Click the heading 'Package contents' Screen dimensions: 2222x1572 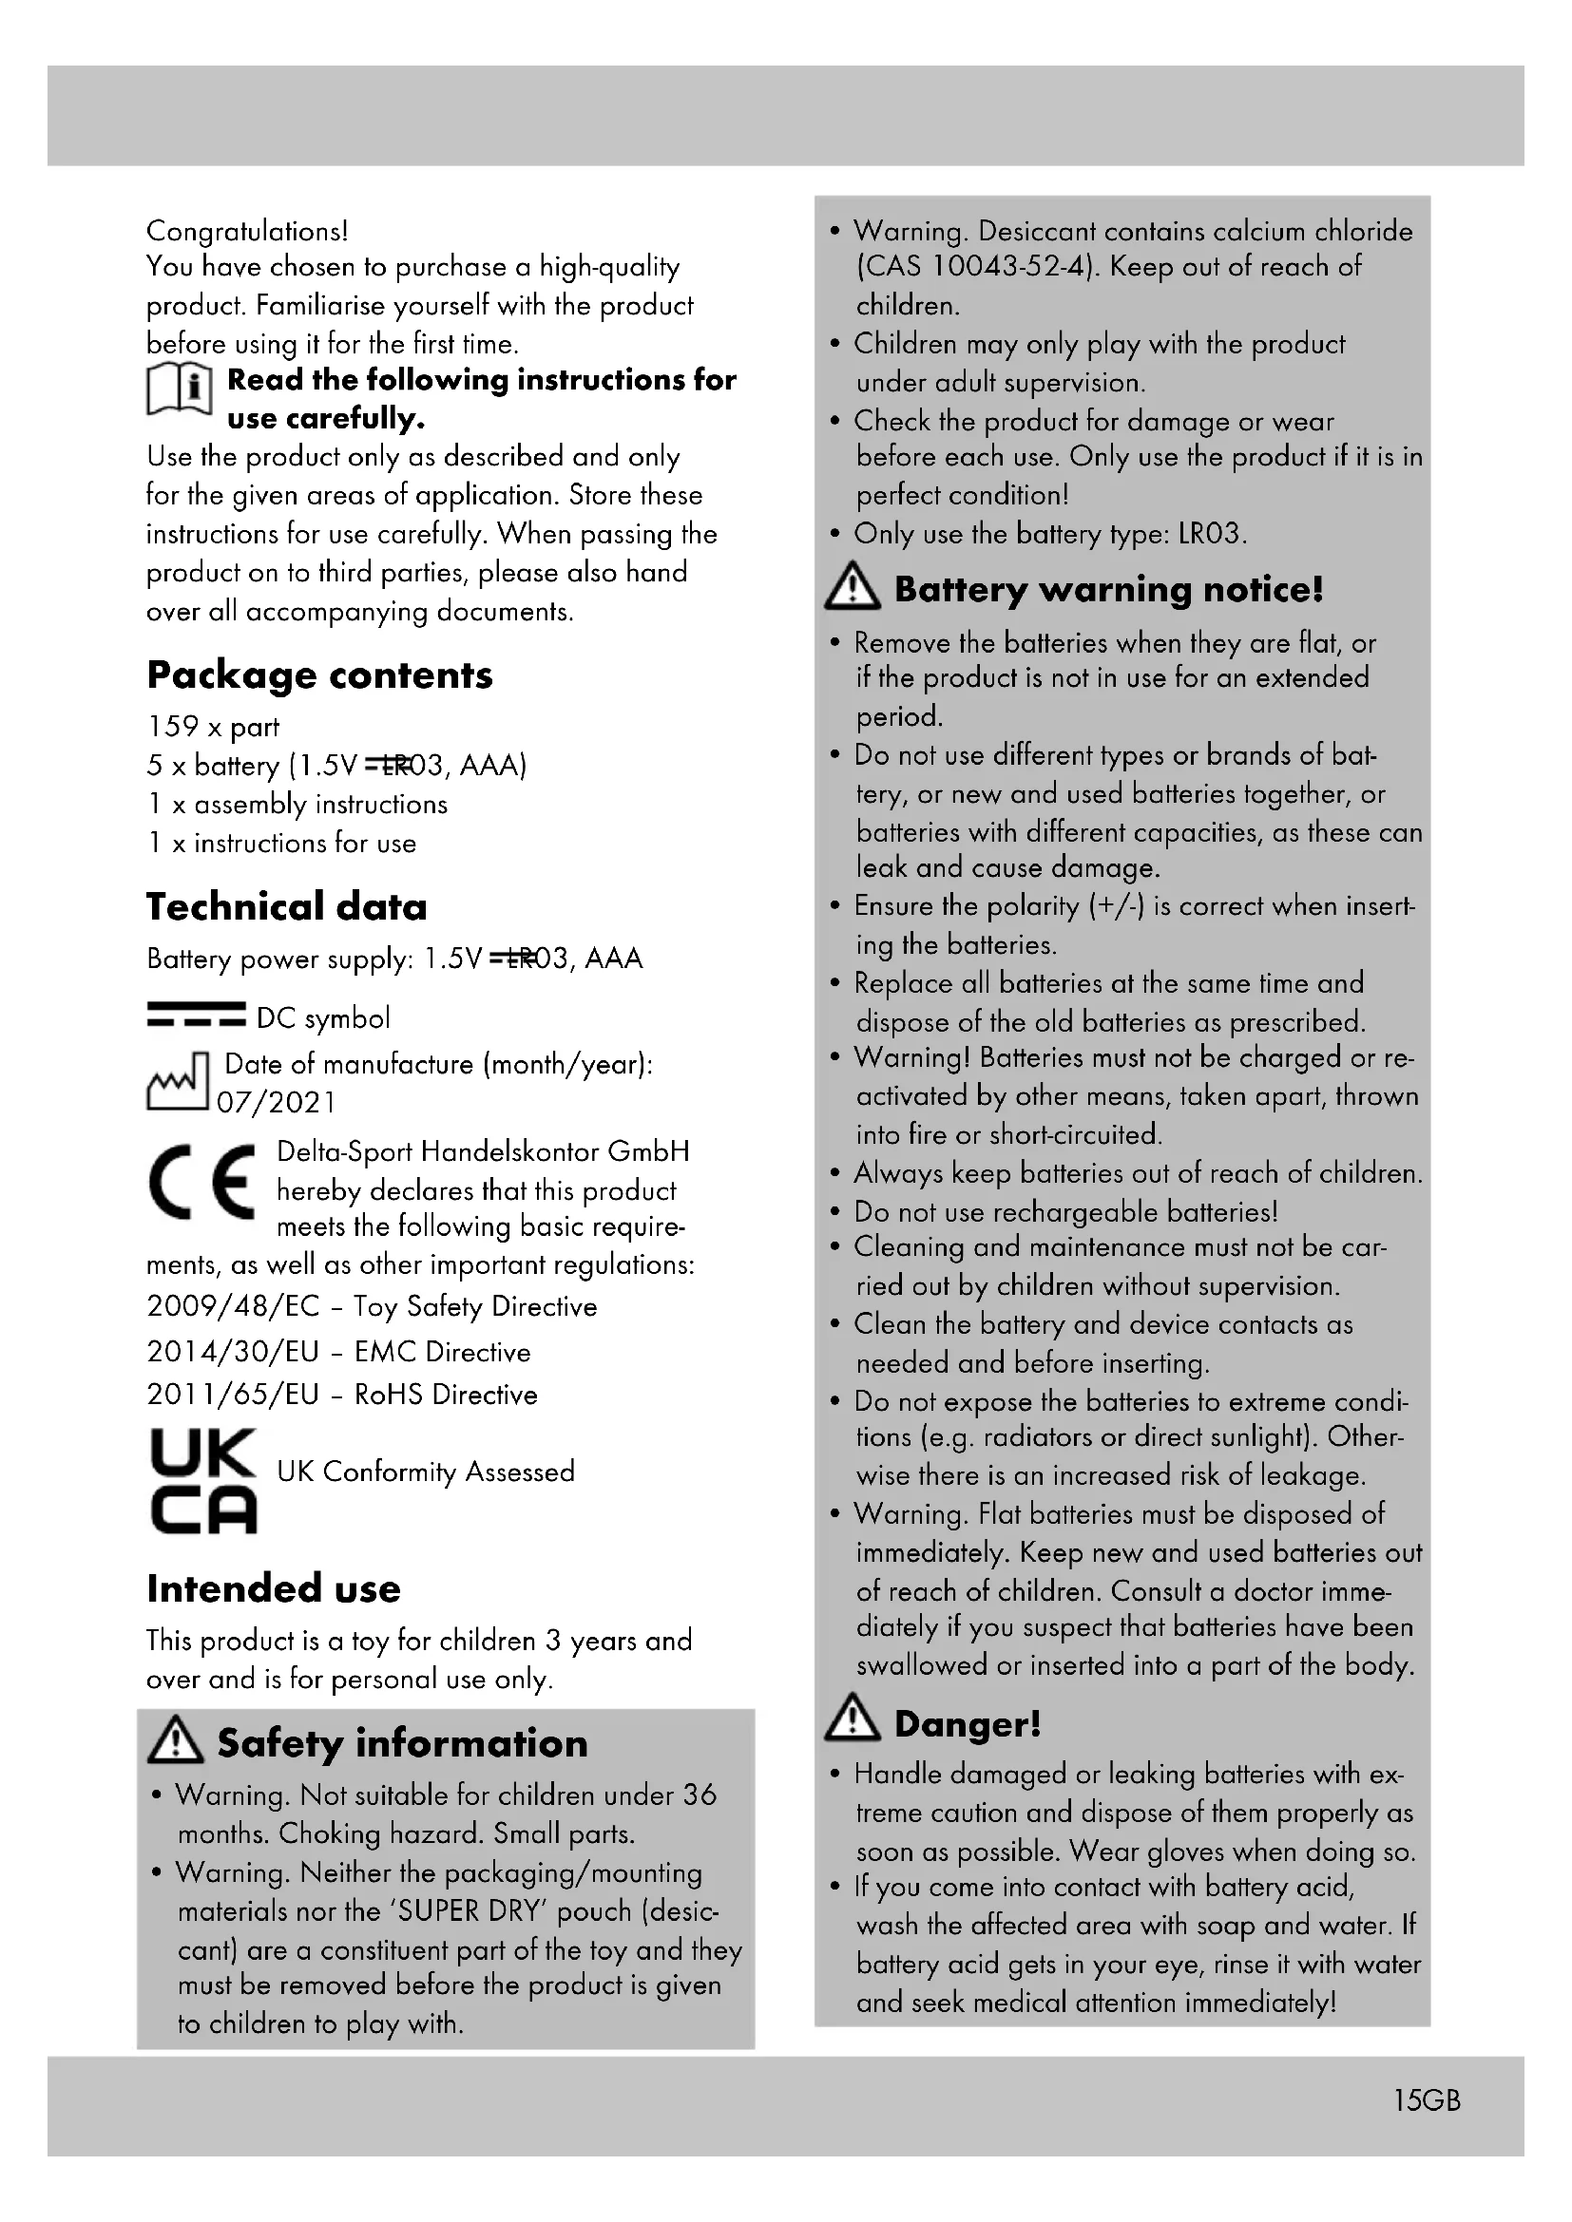319,675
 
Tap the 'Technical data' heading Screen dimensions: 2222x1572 286,907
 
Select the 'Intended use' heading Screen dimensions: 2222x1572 273,1588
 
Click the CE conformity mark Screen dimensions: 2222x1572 202,1182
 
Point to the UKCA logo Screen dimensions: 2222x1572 203,1480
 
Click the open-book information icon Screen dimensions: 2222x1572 179,391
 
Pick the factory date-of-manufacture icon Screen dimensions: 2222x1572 177,1081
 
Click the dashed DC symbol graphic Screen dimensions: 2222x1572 197,1015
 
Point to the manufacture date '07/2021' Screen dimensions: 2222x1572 276,1102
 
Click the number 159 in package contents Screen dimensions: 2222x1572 172,726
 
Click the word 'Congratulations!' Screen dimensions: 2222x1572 247,231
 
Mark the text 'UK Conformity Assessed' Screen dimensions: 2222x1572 425,1471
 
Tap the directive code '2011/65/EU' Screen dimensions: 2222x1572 232,1394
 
